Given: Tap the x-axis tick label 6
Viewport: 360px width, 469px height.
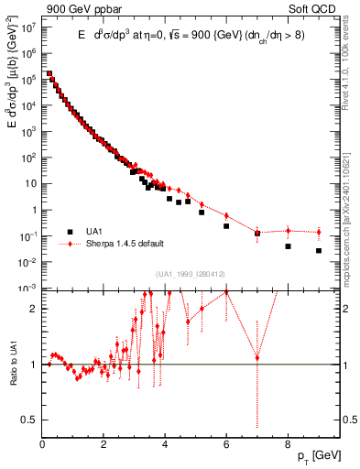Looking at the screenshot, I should tap(226, 444).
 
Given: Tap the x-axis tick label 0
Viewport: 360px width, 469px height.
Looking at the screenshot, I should tap(43, 444).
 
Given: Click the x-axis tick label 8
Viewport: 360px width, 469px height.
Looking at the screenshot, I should tap(288, 444).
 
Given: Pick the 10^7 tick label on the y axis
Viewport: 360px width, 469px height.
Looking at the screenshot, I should tap(27, 27).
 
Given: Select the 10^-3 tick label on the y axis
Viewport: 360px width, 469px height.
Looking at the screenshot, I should tap(27, 289).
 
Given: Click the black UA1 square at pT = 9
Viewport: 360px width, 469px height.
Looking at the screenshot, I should tap(319, 251).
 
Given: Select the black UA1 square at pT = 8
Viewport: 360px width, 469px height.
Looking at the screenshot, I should tap(288, 246).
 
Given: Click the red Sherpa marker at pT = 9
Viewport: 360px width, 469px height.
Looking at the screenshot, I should tap(319, 232).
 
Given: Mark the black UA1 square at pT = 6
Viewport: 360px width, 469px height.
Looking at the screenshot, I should tap(226, 226).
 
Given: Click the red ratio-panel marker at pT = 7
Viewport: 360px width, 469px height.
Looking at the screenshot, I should tap(257, 358).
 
